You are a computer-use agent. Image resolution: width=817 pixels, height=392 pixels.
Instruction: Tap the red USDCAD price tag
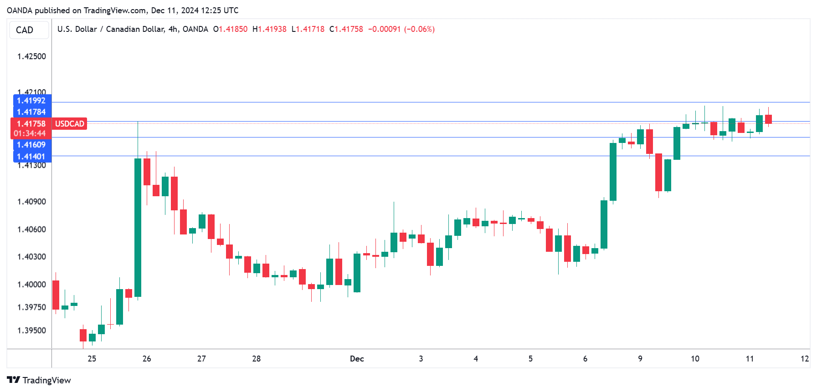pyautogui.click(x=69, y=124)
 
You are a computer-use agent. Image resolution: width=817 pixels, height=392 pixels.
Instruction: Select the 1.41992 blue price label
pyautogui.click(x=31, y=101)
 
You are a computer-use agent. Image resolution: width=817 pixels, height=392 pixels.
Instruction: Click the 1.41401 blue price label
pyautogui.click(x=31, y=157)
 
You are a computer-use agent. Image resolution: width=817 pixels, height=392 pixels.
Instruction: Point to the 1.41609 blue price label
pyautogui.click(x=31, y=145)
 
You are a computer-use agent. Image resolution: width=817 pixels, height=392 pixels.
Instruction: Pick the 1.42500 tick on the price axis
pyautogui.click(x=31, y=56)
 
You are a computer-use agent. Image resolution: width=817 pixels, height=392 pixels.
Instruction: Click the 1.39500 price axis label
pyautogui.click(x=31, y=331)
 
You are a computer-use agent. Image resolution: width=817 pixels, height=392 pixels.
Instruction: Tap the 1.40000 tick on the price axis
pyautogui.click(x=31, y=285)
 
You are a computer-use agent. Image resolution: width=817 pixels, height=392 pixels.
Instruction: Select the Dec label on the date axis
pyautogui.click(x=357, y=359)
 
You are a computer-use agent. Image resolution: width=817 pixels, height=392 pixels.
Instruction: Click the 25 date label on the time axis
pyautogui.click(x=92, y=359)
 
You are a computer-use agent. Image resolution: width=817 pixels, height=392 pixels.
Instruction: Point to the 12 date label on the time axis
pyautogui.click(x=805, y=359)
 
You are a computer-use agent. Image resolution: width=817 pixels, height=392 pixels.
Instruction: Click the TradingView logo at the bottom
pyautogui.click(x=39, y=380)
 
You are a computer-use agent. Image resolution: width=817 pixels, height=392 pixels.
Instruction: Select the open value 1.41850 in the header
pyautogui.click(x=233, y=29)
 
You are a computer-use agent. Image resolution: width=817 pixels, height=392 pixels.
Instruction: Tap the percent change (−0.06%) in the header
pyautogui.click(x=419, y=29)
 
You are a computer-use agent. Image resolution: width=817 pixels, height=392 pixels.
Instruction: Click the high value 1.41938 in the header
pyautogui.click(x=272, y=29)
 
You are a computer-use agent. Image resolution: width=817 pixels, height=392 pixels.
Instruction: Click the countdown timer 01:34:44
pyautogui.click(x=30, y=133)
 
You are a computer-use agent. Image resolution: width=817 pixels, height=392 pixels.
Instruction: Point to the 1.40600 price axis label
pyautogui.click(x=31, y=229)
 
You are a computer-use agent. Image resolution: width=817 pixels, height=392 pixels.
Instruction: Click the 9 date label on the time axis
pyautogui.click(x=640, y=359)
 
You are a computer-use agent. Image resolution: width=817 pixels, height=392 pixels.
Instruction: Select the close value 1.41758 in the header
pyautogui.click(x=349, y=29)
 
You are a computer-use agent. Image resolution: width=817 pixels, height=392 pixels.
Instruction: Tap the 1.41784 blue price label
pyautogui.click(x=31, y=112)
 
